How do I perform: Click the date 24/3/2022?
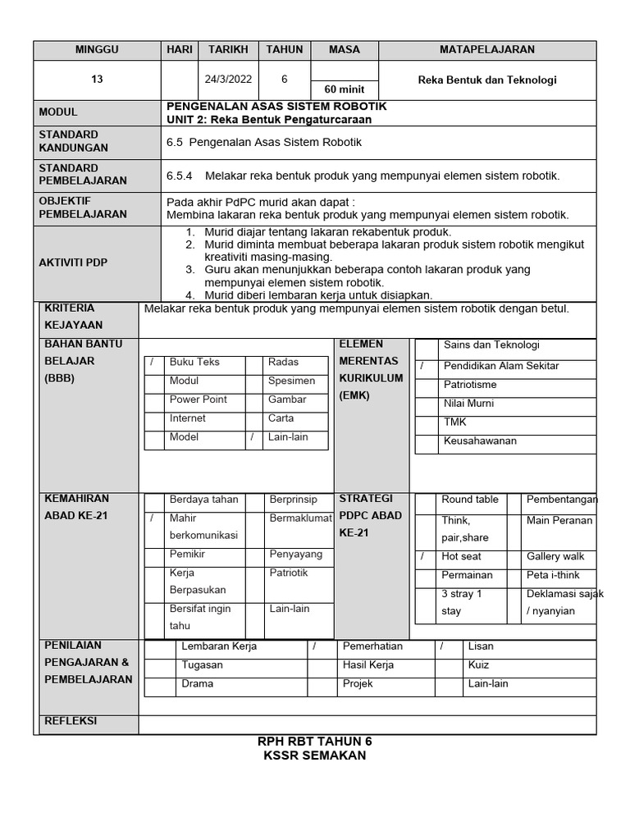tap(228, 80)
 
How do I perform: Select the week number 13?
tap(97, 80)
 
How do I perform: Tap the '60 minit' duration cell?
tap(345, 89)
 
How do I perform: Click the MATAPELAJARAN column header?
tap(486, 49)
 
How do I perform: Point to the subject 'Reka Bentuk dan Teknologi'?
tap(487, 80)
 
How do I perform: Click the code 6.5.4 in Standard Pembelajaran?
tap(179, 176)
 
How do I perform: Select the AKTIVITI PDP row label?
tap(73, 262)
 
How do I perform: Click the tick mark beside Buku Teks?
tap(152, 363)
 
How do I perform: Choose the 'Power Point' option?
tap(198, 399)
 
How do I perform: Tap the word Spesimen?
tap(291, 381)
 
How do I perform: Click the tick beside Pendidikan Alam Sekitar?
tap(422, 366)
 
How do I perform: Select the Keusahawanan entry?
tap(480, 441)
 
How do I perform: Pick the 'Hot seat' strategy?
tap(461, 556)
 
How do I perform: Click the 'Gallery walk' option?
tap(555, 556)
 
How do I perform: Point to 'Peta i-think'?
tap(554, 575)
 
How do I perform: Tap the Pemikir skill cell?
tap(187, 555)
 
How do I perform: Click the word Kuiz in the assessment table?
tap(479, 664)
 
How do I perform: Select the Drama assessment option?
tap(197, 683)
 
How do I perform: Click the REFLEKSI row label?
tap(70, 721)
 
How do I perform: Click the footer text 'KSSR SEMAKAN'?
tap(314, 756)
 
